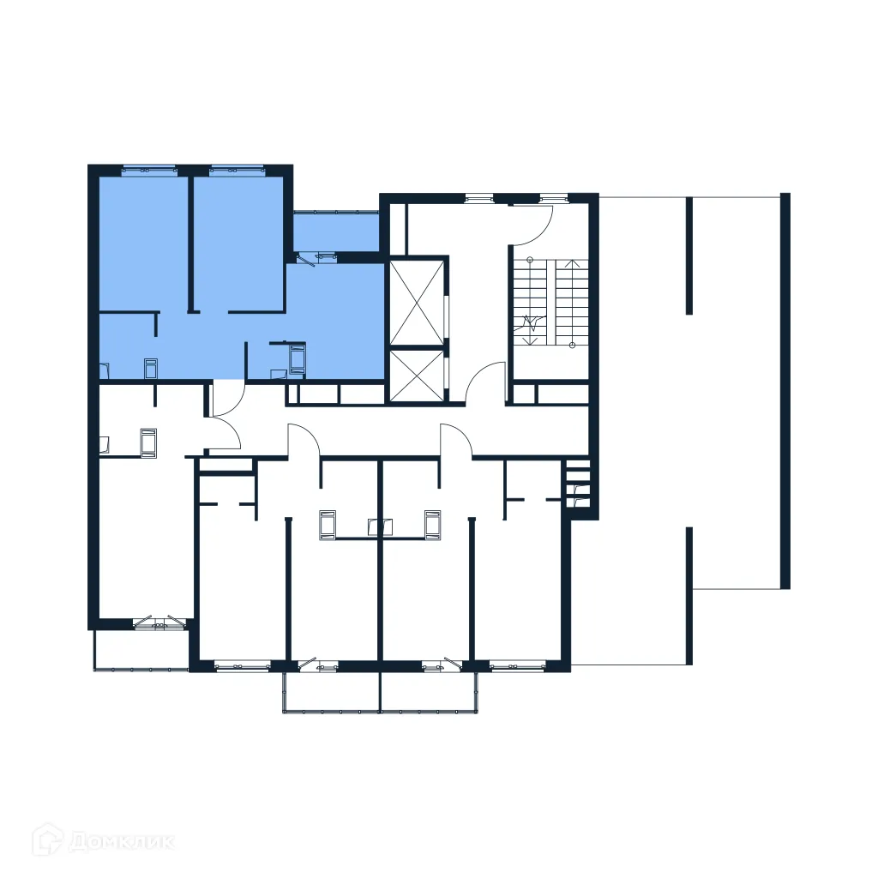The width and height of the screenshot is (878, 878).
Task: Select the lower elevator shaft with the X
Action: point(418,376)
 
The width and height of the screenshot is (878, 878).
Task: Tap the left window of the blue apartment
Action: point(147,169)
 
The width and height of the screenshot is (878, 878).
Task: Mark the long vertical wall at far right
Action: point(785,390)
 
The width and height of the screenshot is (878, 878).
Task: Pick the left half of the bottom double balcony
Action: point(331,691)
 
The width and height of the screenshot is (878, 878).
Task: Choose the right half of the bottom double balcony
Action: point(428,691)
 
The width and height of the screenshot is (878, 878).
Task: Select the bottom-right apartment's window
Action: point(517,665)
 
